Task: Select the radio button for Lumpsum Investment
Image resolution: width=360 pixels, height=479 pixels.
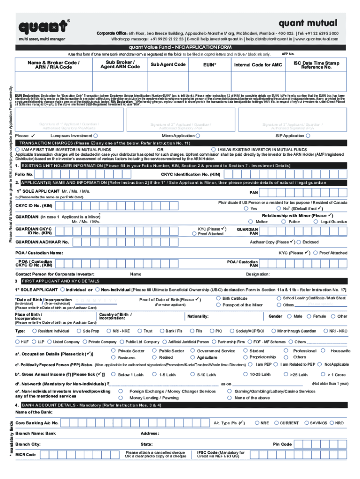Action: pos(95,136)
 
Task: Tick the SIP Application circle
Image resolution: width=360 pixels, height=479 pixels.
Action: pos(307,136)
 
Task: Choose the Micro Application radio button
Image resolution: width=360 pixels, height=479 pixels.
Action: pos(198,136)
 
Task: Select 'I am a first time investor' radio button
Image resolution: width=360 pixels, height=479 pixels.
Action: pos(18,149)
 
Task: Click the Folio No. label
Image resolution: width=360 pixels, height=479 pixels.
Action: pos(24,174)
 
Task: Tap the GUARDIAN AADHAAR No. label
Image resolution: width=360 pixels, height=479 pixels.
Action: pos(42,242)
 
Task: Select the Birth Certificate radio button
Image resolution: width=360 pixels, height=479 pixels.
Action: pos(218,298)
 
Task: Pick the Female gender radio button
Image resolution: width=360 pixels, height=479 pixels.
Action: pos(309,316)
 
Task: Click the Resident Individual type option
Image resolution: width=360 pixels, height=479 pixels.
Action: pos(34,331)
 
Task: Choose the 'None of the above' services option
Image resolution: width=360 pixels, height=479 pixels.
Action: pos(229,398)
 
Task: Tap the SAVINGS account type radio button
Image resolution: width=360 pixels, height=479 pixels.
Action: pos(306,423)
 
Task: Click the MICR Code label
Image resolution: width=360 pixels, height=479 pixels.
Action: pos(25,455)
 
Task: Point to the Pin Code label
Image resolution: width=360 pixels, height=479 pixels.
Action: pos(282,444)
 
